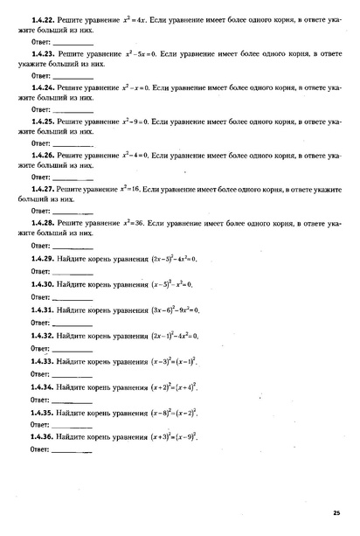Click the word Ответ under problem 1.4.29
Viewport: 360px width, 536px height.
tap(40, 271)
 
